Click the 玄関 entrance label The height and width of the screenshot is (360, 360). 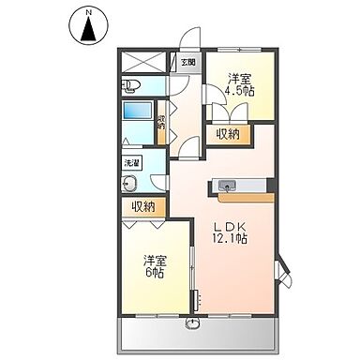(187, 63)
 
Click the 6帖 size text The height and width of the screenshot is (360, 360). (155, 273)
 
